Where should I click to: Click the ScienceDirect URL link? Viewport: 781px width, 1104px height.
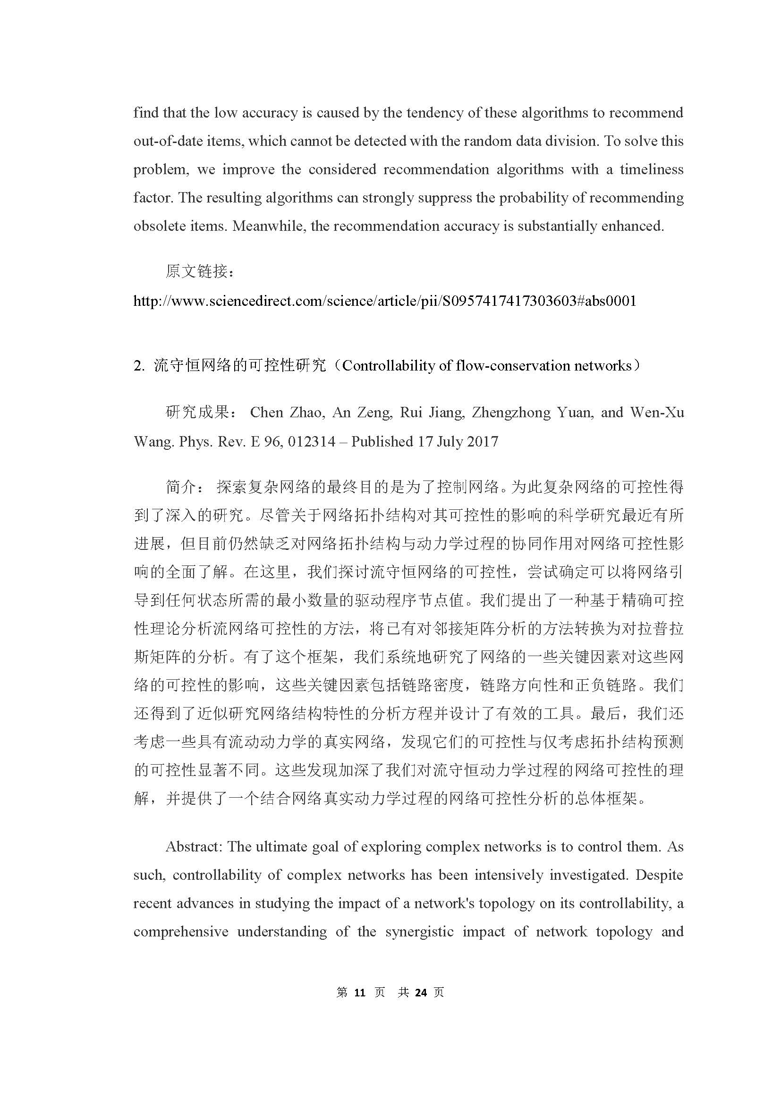[x=385, y=301]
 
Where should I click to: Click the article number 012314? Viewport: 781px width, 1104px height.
[x=311, y=441]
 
